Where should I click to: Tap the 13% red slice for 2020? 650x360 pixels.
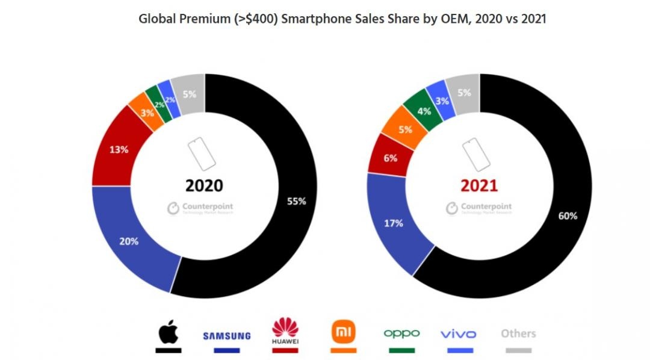(118, 150)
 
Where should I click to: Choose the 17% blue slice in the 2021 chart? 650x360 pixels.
(394, 223)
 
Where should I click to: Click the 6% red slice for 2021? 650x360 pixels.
(389, 158)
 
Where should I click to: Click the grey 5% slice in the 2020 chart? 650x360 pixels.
(189, 94)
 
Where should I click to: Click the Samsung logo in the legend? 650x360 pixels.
(226, 335)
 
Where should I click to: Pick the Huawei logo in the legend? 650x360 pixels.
(285, 331)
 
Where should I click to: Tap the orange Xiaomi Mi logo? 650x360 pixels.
(344, 331)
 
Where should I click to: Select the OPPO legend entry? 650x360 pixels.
(401, 334)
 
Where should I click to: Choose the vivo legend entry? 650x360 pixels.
(458, 334)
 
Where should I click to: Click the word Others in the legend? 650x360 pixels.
(518, 334)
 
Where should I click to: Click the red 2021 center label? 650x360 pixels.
(479, 185)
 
